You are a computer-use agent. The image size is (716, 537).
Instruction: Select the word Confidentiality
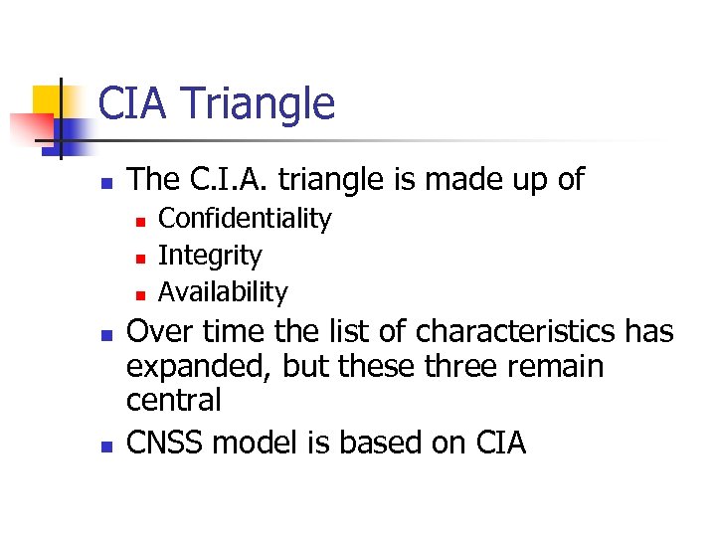pos(245,218)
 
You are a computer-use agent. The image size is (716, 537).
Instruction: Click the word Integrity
pos(210,256)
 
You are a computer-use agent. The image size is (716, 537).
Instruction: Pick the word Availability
pos(223,292)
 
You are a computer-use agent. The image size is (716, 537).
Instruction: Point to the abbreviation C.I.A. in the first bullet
pos(227,179)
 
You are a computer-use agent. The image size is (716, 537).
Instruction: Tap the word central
pos(173,401)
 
